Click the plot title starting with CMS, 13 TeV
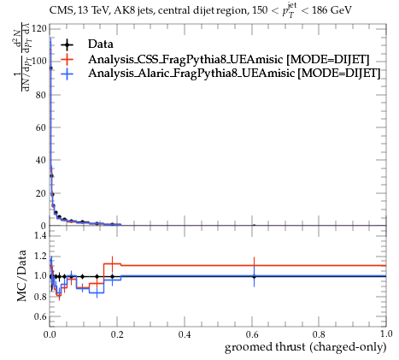coord(201,10)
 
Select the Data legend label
coord(101,44)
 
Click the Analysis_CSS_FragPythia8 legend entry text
coord(229,60)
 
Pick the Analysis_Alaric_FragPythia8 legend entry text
coord(234,74)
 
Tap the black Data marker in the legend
coord(67,44)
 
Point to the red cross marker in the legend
coord(67,59)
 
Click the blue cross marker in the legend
coord(67,74)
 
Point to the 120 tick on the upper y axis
coord(38,29)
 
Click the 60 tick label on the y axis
coord(41,127)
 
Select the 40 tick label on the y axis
coord(41,160)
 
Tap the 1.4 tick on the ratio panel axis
coord(41,235)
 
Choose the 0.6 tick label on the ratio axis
coord(41,316)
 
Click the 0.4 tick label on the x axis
coord(185,334)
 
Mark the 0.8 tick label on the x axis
coord(319,334)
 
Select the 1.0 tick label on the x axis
coord(386,334)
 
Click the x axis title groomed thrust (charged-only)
coord(305,347)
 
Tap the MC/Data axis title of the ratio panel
coord(21,275)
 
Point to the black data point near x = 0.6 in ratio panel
coord(254,276)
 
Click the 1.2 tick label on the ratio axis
coord(41,256)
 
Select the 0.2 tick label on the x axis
coord(117,334)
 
